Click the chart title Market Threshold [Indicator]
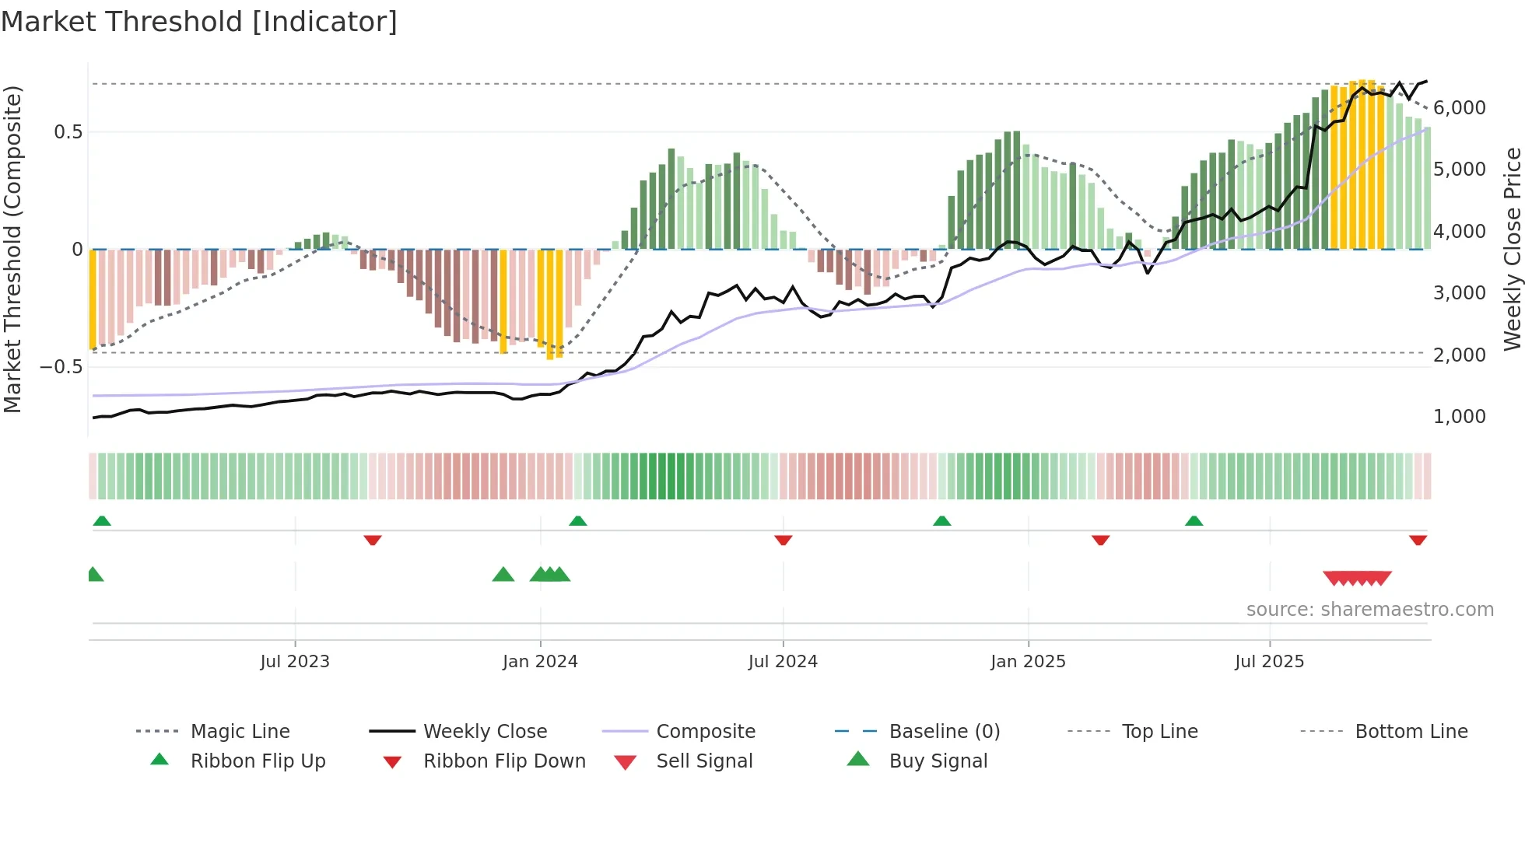coord(199,22)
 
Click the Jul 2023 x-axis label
coord(295,662)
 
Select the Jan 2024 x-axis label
coord(540,662)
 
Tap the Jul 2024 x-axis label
coord(783,662)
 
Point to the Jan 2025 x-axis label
coord(1028,662)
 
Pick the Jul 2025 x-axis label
coord(1269,662)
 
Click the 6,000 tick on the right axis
coord(1460,108)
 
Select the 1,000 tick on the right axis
coord(1460,417)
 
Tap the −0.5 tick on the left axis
coord(61,366)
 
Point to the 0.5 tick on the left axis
coord(68,132)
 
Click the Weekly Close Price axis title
coord(1512,249)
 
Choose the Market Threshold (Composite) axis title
coord(12,249)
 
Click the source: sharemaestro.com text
coord(1369,610)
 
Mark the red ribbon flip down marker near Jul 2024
coord(784,540)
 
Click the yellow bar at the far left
coord(93,299)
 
